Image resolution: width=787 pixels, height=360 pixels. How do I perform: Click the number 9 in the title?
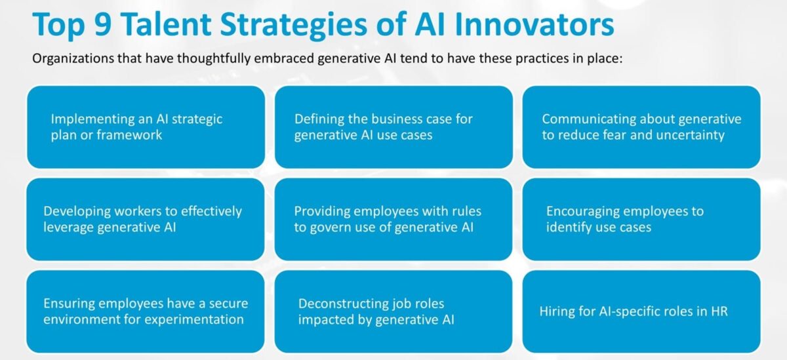[103, 24]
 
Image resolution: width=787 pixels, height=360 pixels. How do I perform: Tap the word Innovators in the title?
[535, 24]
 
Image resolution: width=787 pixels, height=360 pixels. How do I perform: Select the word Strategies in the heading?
[294, 26]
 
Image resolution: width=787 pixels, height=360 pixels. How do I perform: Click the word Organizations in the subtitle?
[73, 58]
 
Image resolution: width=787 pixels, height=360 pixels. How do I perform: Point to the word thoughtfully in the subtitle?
[214, 58]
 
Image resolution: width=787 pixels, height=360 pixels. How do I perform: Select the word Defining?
[319, 120]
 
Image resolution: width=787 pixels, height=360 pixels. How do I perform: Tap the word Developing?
[77, 212]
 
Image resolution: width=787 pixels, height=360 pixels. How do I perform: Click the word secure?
[228, 304]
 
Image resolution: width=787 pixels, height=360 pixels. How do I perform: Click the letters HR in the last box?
[719, 311]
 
